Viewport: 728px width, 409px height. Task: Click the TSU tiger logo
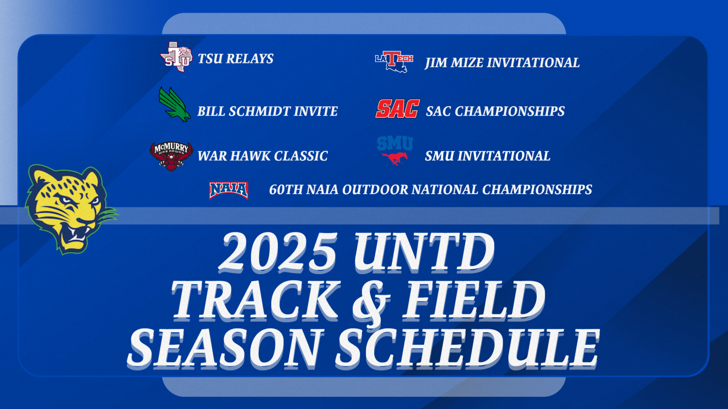(x=177, y=57)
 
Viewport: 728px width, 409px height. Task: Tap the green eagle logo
(x=174, y=105)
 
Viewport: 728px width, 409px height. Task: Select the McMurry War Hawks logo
(x=171, y=156)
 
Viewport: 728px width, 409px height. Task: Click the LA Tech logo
(x=394, y=61)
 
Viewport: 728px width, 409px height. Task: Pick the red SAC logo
(x=397, y=109)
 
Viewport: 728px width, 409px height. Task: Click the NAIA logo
(x=229, y=190)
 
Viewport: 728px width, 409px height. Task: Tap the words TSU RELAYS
(x=236, y=59)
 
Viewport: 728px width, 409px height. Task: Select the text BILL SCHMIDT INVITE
(x=267, y=111)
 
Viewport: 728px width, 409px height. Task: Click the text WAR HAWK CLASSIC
(x=262, y=156)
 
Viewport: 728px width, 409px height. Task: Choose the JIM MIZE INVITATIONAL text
(x=502, y=63)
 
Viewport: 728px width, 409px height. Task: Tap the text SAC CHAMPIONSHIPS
(x=495, y=111)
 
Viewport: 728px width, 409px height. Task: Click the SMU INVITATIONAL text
(x=487, y=156)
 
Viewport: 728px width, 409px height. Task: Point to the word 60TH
(x=286, y=190)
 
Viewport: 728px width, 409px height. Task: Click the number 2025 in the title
(x=278, y=252)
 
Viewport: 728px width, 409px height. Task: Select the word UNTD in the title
(x=424, y=252)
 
